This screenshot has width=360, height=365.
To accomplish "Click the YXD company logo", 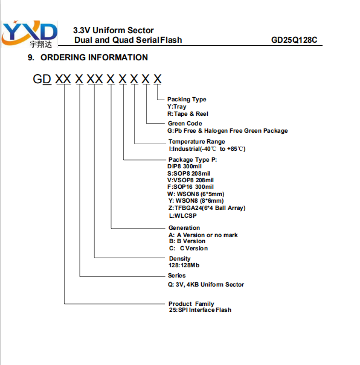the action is [x=30, y=34].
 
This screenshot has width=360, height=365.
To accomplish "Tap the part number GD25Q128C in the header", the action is [x=294, y=40].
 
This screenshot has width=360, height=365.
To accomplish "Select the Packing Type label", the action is [x=187, y=100].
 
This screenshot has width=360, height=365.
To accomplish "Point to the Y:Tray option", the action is [x=177, y=107].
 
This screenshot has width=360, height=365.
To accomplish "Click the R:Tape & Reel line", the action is [x=188, y=114].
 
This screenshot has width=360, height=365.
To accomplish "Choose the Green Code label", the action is [x=185, y=123].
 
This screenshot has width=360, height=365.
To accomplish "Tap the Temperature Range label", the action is [x=197, y=142].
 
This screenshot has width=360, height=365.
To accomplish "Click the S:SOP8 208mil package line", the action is [x=188, y=173].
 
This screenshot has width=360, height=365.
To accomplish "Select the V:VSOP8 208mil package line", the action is [x=190, y=180].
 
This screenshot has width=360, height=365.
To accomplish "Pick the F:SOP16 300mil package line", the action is [x=190, y=186].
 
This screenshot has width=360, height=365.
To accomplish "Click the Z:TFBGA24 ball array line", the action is [x=207, y=208].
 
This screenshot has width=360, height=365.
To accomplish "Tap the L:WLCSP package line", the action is [x=182, y=215].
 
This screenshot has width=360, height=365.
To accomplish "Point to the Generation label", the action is [x=184, y=227].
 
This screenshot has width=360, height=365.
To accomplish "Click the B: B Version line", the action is [x=187, y=241].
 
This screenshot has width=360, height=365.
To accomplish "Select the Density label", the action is [x=179, y=259].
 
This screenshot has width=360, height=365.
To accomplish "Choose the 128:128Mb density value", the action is [x=184, y=265].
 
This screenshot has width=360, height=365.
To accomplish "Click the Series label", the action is [x=176, y=275].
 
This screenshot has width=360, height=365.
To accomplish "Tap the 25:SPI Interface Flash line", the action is [x=200, y=310].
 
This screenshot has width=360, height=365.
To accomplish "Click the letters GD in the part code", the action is [x=42, y=79].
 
